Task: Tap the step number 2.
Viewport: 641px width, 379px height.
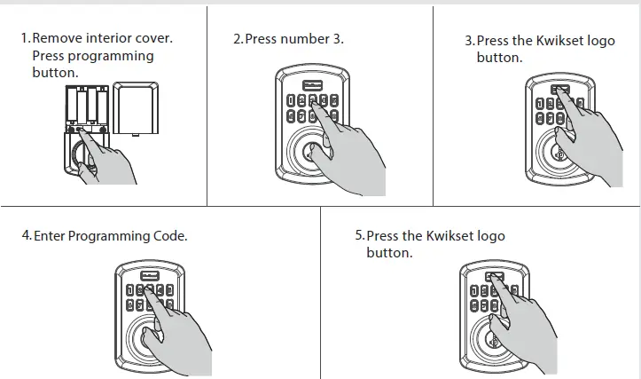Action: pos(237,39)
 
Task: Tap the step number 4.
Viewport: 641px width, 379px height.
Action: pos(26,236)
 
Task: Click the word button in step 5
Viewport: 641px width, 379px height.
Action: pos(389,253)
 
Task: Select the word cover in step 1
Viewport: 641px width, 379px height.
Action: pos(155,39)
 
